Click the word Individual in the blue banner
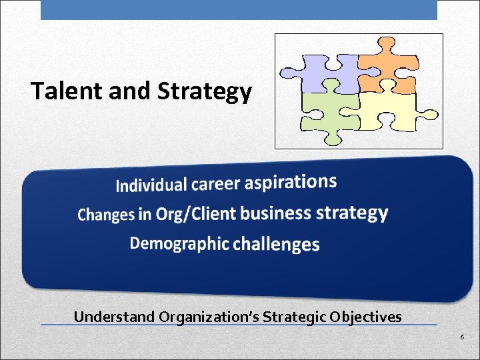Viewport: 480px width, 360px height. [151, 185]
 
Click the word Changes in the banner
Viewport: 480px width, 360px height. [106, 215]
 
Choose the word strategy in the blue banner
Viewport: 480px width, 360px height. [352, 213]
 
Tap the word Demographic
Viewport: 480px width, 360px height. [179, 243]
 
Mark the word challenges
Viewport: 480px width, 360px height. [276, 244]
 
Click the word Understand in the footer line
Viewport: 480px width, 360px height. [114, 317]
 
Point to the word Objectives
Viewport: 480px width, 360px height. [367, 317]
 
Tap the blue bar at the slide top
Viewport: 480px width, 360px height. [239, 9]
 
